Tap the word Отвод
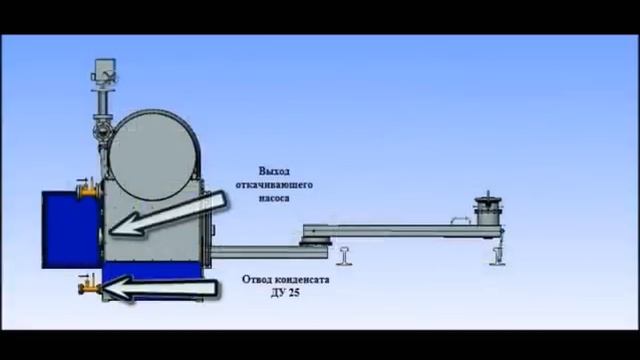[x=258, y=280]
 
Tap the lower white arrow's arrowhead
[x=116, y=289]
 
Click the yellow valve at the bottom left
[x=83, y=289]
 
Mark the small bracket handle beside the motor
[x=461, y=217]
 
